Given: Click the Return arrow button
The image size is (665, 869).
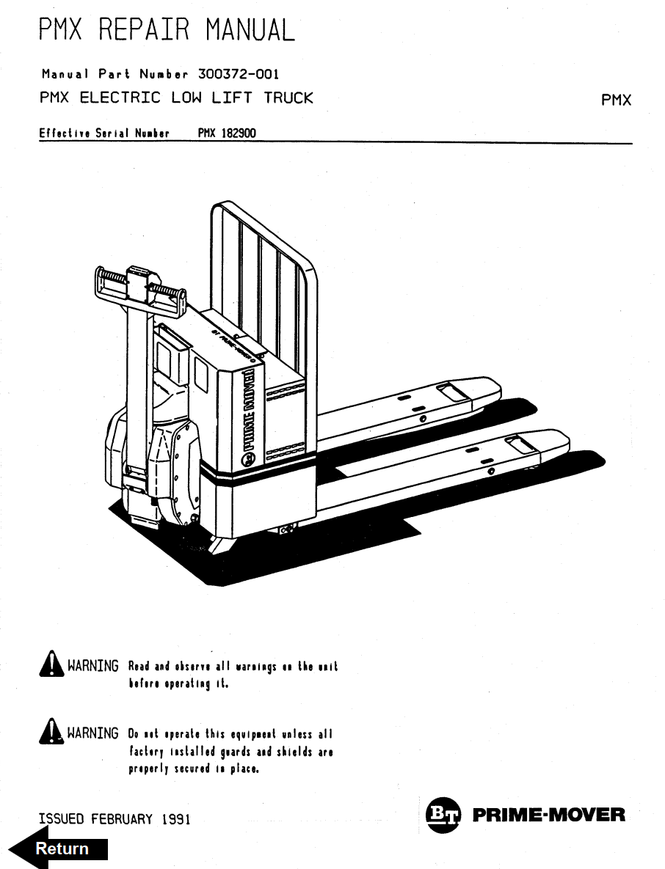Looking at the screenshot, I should click(x=62, y=848).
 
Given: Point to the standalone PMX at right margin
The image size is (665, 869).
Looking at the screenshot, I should click(x=616, y=100).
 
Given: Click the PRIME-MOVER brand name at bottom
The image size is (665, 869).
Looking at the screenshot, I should click(x=550, y=815).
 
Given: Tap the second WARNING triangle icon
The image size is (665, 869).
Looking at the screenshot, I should click(x=50, y=733).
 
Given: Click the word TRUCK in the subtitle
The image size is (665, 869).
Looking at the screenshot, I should click(x=288, y=98).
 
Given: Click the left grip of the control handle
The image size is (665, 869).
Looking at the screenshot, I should click(x=111, y=282).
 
